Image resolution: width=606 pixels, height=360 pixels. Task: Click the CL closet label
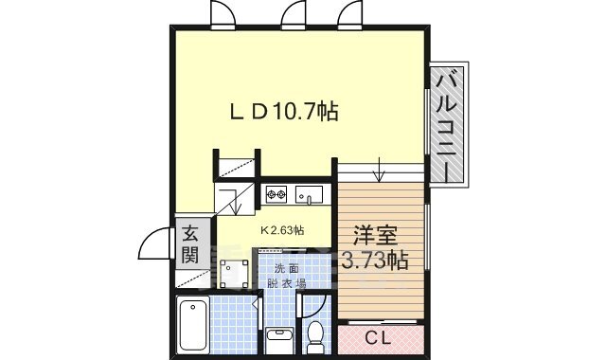coord(377,335)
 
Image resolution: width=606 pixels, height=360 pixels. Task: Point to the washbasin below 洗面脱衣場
coord(278,336)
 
